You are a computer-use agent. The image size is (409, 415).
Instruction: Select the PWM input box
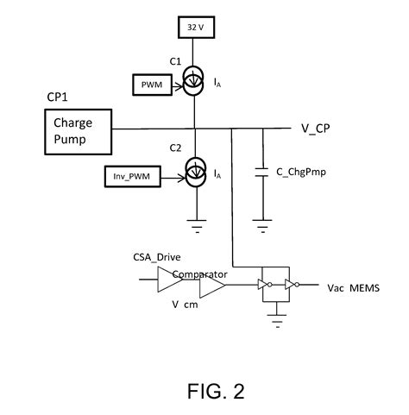pos(153,85)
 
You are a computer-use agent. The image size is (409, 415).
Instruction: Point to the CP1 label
pos(58,98)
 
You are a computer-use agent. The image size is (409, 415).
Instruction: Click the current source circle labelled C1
pos(197,84)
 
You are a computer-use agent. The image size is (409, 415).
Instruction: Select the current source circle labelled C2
pos(197,173)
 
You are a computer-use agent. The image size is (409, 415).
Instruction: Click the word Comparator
pos(199,274)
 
